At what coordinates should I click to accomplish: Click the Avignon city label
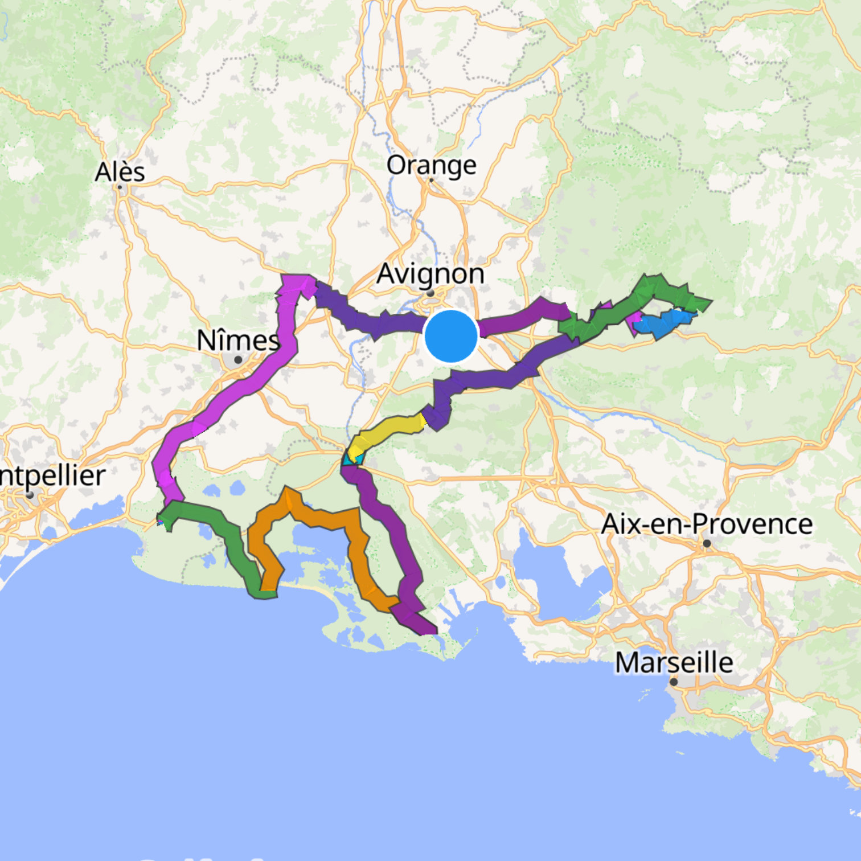[x=430, y=274]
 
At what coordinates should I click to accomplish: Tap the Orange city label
[x=431, y=165]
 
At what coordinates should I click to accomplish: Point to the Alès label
[x=120, y=172]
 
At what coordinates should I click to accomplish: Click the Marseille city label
[x=674, y=662]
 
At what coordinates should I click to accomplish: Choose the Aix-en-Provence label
[x=707, y=524]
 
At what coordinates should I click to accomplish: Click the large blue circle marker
[x=451, y=336]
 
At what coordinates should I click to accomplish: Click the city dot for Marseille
[x=674, y=682]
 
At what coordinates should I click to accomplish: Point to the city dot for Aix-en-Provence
[x=707, y=543]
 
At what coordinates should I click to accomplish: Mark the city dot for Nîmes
[x=238, y=360]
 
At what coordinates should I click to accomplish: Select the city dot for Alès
[x=120, y=186]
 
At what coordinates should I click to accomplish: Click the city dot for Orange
[x=431, y=180]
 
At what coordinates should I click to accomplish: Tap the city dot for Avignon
[x=431, y=293]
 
